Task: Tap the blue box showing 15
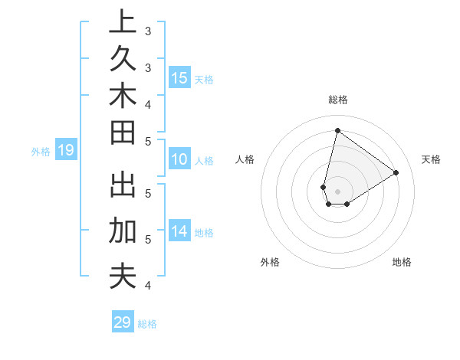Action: pos(179,77)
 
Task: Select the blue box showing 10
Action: pos(179,160)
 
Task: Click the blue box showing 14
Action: pos(179,231)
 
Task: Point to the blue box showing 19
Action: pos(65,150)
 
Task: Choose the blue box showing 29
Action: pos(122,322)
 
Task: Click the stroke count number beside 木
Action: pos(148,103)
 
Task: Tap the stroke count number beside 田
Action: pos(148,141)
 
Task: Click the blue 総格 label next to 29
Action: pos(147,324)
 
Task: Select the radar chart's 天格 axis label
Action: pos(431,159)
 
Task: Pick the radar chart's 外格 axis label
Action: pos(270,262)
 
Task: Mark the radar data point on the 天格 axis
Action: pos(396,172)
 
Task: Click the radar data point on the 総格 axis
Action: pos(337,130)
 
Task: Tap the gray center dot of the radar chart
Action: pos(337,191)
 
